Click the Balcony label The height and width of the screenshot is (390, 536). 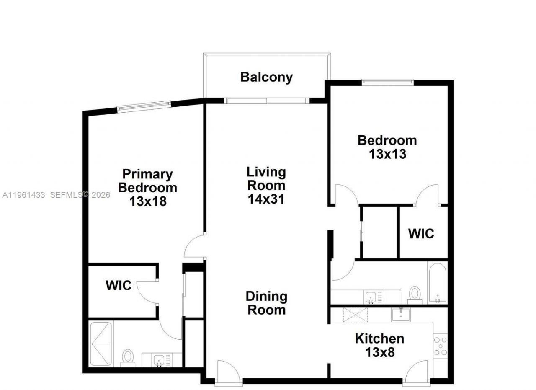(x=266, y=77)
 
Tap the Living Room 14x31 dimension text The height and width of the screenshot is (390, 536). (x=266, y=199)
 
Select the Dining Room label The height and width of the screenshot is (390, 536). (x=266, y=303)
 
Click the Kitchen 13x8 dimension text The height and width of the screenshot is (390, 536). (x=379, y=352)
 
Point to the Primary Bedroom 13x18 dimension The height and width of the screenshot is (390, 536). (x=147, y=201)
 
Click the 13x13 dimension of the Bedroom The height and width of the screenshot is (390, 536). (x=387, y=154)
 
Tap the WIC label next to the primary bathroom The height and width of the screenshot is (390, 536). (x=119, y=286)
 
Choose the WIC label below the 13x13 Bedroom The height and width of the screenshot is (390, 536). (x=421, y=233)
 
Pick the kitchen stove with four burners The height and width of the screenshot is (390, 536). (x=440, y=346)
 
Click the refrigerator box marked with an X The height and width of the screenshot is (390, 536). (x=355, y=314)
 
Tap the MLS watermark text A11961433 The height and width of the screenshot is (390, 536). (x=23, y=195)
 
